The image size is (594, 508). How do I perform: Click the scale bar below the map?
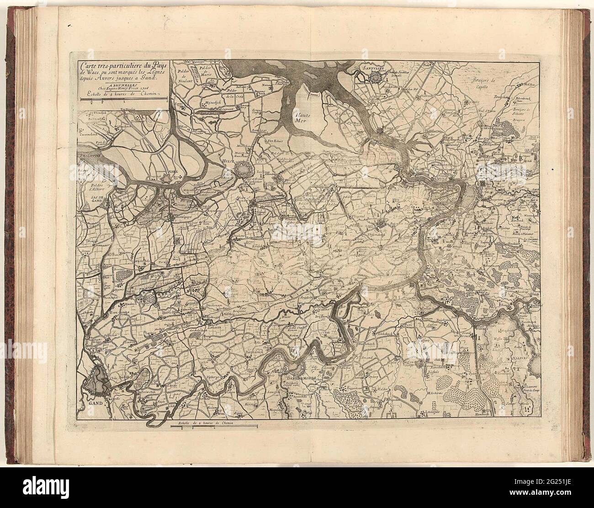point(212,426)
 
